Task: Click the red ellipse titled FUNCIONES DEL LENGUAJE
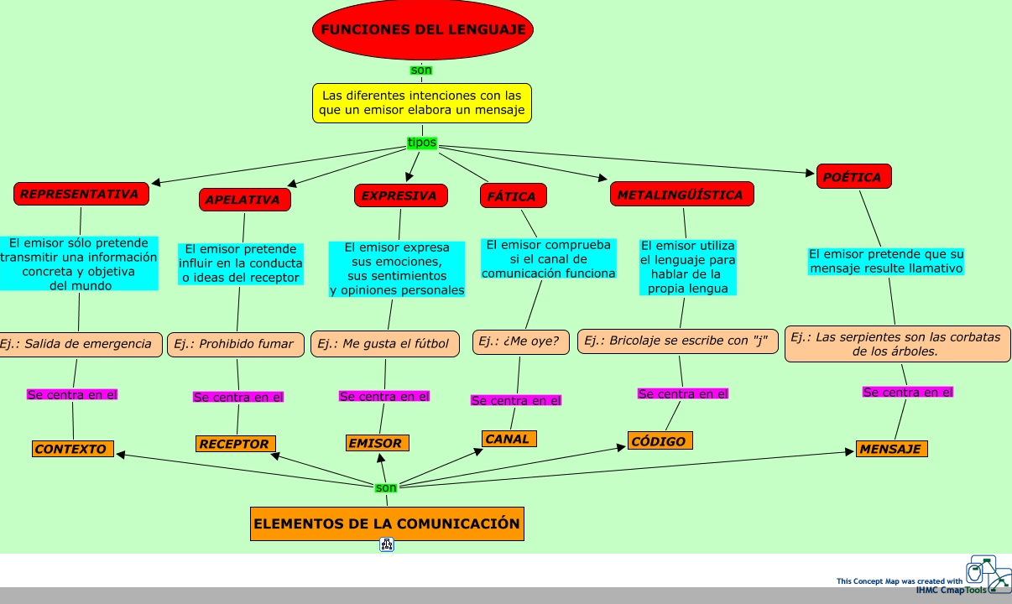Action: [x=422, y=30]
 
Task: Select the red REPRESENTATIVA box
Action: [x=81, y=194]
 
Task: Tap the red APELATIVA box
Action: [x=245, y=200]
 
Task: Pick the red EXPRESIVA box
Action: [x=399, y=195]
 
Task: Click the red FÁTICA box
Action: [x=513, y=196]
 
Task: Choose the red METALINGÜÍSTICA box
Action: [x=681, y=195]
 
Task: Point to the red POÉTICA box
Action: [x=853, y=177]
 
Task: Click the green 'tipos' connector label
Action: [x=422, y=143]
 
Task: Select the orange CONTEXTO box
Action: [x=72, y=449]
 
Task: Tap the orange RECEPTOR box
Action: [x=235, y=444]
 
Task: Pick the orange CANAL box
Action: [x=509, y=439]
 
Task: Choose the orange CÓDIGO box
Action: [x=660, y=441]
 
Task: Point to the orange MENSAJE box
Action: [x=891, y=449]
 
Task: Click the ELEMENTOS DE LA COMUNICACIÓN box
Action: [x=387, y=523]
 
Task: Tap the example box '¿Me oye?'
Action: [x=521, y=341]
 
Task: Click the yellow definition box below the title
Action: [x=422, y=103]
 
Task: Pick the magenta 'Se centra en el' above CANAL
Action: [x=516, y=401]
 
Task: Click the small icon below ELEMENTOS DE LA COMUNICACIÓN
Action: [x=387, y=545]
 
